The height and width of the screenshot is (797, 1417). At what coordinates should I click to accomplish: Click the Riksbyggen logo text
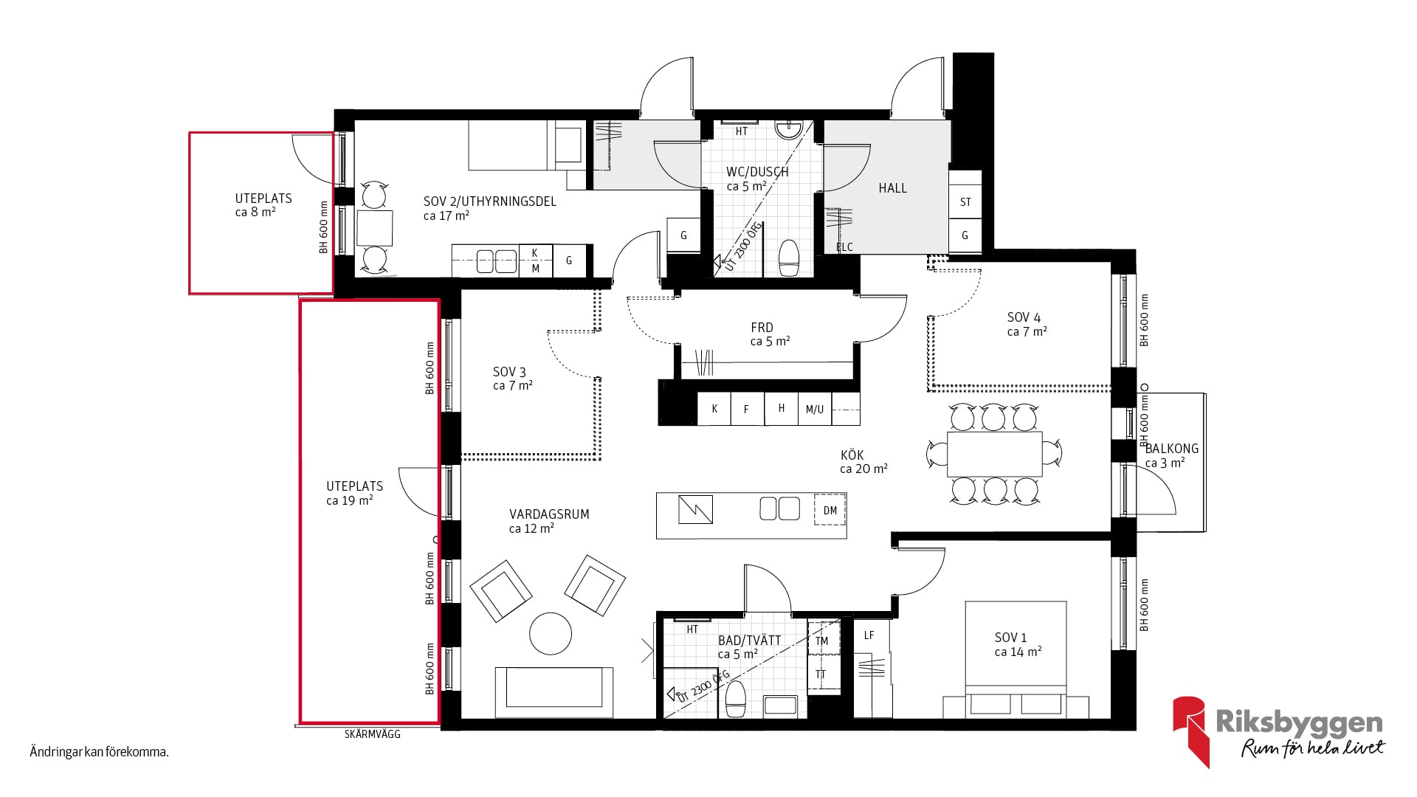click(1299, 722)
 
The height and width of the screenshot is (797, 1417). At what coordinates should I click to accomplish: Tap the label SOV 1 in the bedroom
click(1010, 638)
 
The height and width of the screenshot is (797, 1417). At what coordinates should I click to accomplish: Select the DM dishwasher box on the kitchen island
click(830, 510)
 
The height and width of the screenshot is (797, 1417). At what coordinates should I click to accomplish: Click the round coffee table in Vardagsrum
click(551, 633)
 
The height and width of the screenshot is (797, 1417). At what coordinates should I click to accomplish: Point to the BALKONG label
click(1172, 449)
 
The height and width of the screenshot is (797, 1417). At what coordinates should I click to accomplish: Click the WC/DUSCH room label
click(757, 172)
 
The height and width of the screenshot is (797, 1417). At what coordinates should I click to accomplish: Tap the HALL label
click(892, 188)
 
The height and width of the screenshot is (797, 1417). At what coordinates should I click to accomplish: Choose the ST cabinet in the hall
click(965, 202)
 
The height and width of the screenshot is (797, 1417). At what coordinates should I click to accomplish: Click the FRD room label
click(762, 328)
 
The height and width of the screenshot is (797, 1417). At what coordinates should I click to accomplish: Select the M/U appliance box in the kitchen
click(815, 409)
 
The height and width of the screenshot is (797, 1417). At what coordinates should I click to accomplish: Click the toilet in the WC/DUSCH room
click(789, 258)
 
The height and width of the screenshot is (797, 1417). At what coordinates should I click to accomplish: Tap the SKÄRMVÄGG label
click(373, 734)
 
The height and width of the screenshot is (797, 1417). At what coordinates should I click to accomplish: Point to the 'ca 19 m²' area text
click(350, 500)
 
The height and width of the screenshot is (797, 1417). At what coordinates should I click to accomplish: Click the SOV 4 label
click(1024, 317)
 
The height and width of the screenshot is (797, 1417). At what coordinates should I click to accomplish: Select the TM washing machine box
click(822, 641)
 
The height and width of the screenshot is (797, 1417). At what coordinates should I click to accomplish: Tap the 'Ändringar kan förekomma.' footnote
click(100, 753)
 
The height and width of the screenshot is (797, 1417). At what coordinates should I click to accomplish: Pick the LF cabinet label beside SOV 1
click(869, 635)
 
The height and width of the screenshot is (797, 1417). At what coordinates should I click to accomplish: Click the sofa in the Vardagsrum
click(554, 692)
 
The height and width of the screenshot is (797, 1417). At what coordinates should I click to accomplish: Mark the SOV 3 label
click(509, 372)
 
